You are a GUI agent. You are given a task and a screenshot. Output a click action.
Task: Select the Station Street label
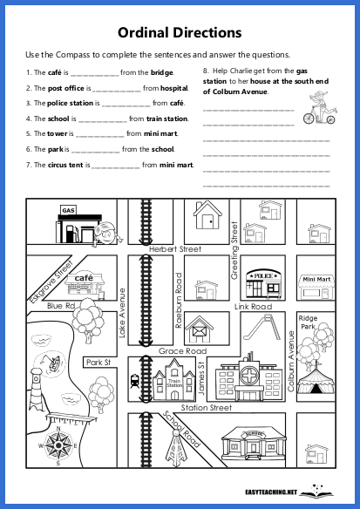pos(206,407)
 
